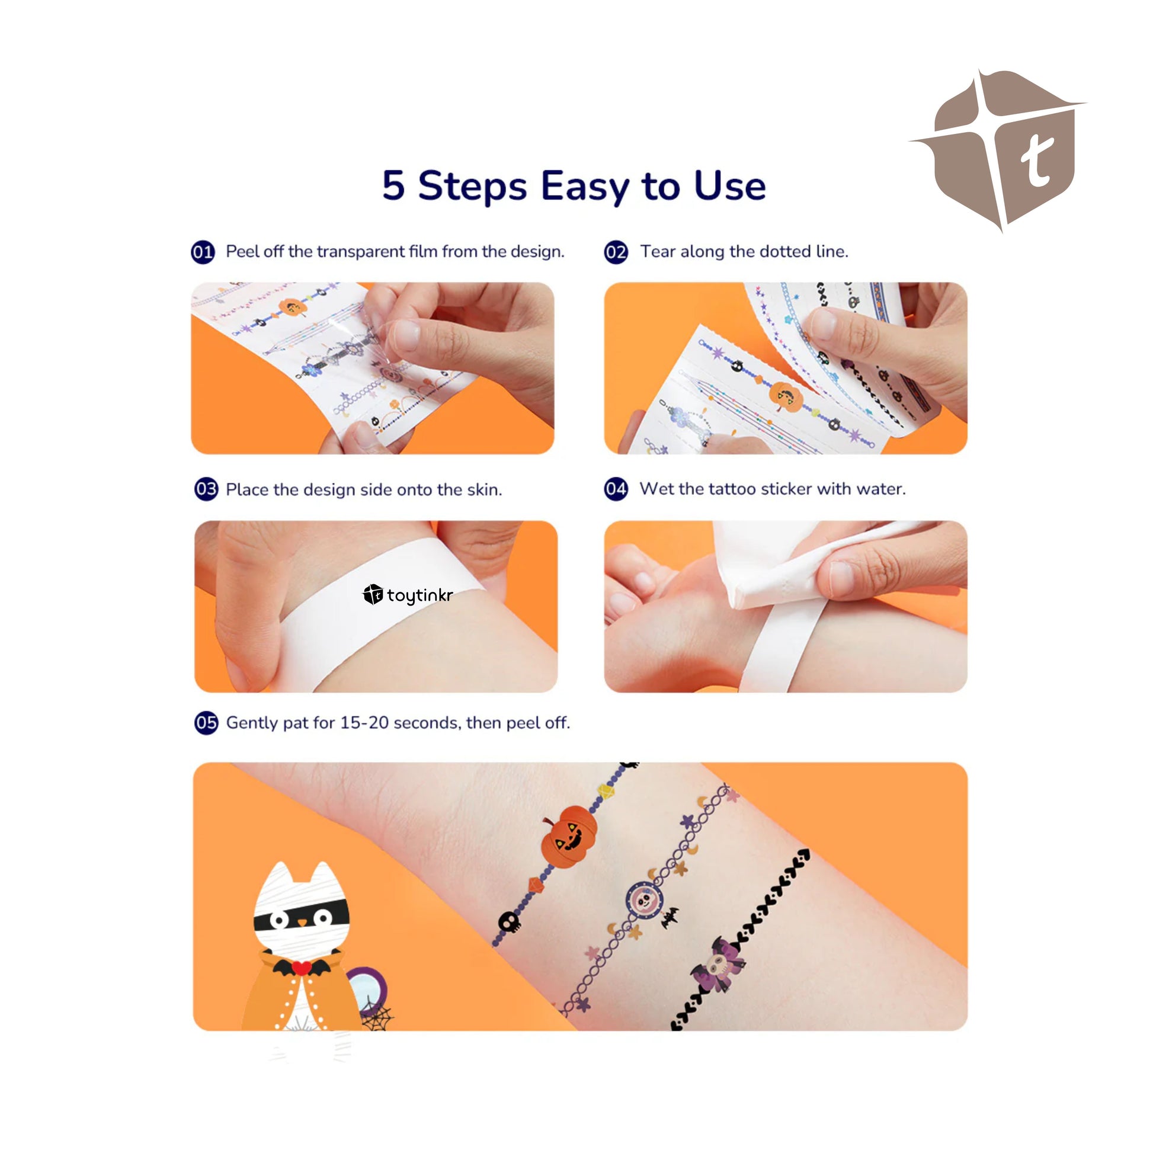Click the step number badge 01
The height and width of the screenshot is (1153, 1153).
tap(202, 252)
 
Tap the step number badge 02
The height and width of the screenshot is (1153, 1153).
tap(616, 252)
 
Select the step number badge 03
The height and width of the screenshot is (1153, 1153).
tap(206, 489)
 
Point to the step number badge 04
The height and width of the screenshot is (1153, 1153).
tap(616, 489)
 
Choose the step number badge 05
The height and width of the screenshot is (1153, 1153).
tap(206, 723)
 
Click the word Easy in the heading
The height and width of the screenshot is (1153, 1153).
tap(585, 187)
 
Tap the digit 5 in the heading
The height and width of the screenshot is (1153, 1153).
tap(393, 185)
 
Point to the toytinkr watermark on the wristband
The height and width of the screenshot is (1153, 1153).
tap(408, 594)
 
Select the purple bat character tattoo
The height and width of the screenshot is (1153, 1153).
tap(719, 965)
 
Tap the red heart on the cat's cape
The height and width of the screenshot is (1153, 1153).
tap(302, 967)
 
